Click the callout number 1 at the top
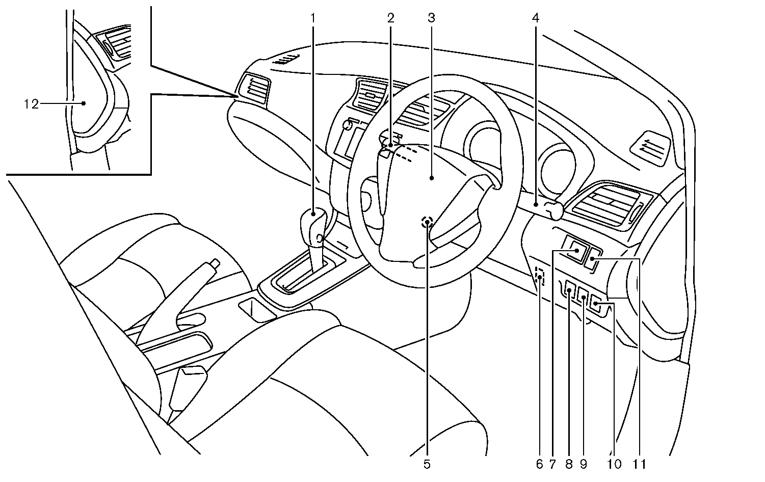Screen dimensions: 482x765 click(313, 18)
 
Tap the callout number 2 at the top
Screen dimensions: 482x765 click(390, 18)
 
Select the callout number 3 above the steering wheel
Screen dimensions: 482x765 click(431, 18)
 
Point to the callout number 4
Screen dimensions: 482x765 click(535, 18)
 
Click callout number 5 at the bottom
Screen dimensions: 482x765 click(427, 464)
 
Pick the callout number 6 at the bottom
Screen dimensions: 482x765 click(539, 464)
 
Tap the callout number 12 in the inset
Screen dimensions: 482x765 click(31, 104)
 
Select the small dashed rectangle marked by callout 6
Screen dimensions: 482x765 click(540, 277)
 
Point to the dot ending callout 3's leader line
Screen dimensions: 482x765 click(432, 178)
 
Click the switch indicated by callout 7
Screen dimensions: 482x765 click(576, 250)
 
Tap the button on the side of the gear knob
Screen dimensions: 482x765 click(320, 237)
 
